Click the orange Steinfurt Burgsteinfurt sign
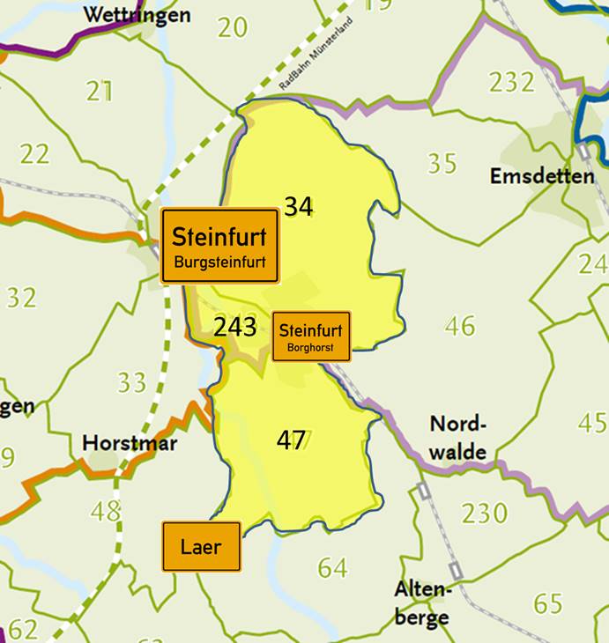pyautogui.click(x=219, y=246)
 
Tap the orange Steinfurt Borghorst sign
pyautogui.click(x=312, y=336)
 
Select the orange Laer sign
pyautogui.click(x=201, y=546)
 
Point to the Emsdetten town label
pyautogui.click(x=542, y=176)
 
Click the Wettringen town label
pyautogui.click(x=137, y=15)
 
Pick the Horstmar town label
pyautogui.click(x=130, y=442)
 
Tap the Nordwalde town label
pyautogui.click(x=458, y=438)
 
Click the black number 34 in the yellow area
pyautogui.click(x=298, y=206)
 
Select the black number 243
pyautogui.click(x=234, y=328)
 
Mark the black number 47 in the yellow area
pyautogui.click(x=292, y=440)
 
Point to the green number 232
pyautogui.click(x=512, y=82)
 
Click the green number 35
pyautogui.click(x=442, y=163)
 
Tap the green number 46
pyautogui.click(x=460, y=326)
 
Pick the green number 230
pyautogui.click(x=485, y=512)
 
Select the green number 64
pyautogui.click(x=332, y=568)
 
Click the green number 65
pyautogui.click(x=548, y=603)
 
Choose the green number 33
pyautogui.click(x=132, y=382)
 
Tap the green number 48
pyautogui.click(x=106, y=510)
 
